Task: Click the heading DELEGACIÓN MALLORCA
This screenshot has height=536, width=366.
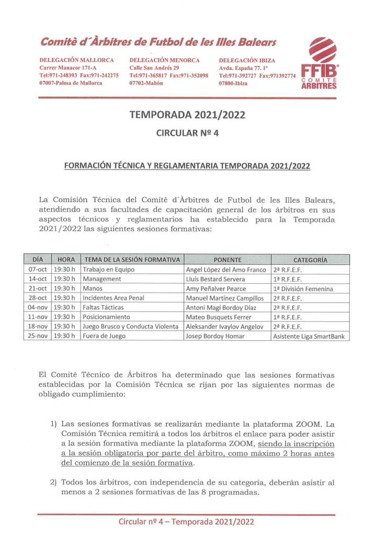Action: [76, 60]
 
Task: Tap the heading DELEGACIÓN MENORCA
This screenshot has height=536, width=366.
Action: [164, 60]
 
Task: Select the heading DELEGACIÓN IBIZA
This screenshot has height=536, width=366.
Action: [247, 60]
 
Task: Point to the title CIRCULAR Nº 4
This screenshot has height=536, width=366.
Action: [187, 133]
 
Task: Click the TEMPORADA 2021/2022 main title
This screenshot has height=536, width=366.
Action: [187, 115]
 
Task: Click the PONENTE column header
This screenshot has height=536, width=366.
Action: [227, 260]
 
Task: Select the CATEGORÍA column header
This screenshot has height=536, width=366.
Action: [310, 260]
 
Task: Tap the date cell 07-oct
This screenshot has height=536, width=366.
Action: [38, 270]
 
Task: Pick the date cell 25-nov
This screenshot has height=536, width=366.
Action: [38, 336]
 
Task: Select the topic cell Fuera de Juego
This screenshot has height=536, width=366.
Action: [104, 336]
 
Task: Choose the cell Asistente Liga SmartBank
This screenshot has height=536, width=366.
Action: [309, 336]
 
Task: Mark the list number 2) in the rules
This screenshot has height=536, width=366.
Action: [54, 482]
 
